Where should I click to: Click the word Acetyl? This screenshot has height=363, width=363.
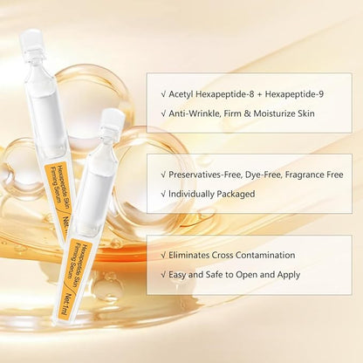tap(181, 94)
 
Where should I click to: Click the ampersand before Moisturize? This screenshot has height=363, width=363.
tap(247, 113)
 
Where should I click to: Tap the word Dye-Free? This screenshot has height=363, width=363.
tap(264, 175)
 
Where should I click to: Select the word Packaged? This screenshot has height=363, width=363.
tap(236, 195)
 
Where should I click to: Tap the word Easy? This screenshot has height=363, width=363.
tap(177, 275)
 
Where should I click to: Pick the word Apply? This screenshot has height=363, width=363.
tap(289, 275)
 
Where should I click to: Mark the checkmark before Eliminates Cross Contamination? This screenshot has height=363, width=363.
tap(163, 256)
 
